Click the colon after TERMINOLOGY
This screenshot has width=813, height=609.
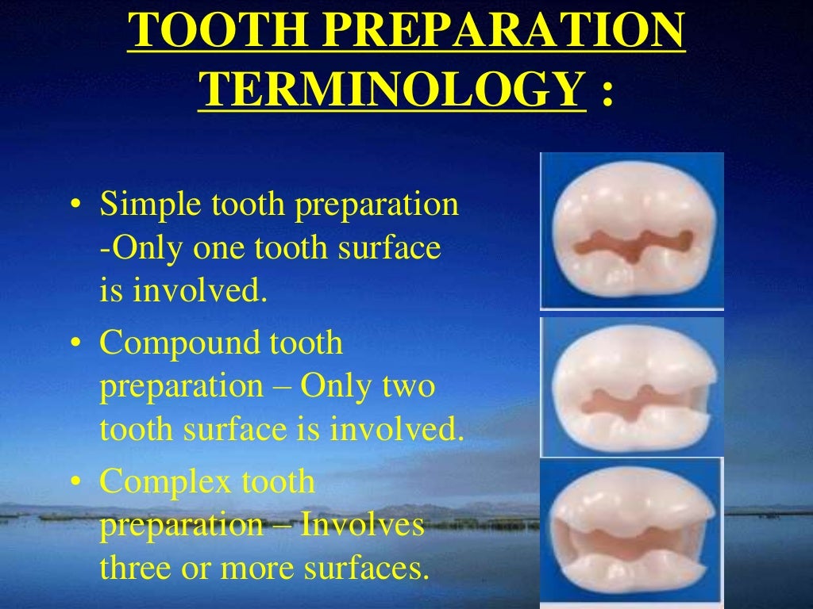coord(607,94)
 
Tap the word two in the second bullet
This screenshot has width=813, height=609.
coord(409,387)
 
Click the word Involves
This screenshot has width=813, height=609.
coord(360,525)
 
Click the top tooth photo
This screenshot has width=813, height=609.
coord(632,231)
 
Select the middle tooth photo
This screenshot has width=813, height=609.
coord(632,387)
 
